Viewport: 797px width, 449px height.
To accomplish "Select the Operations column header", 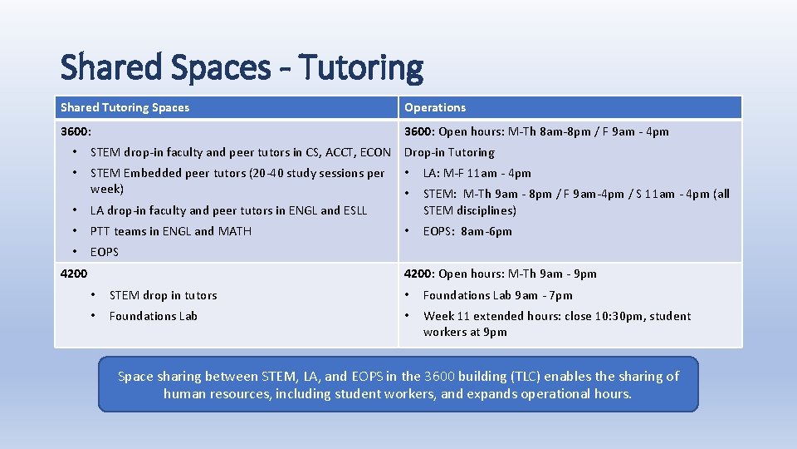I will [x=435, y=107].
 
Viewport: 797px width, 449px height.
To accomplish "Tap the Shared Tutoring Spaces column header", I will [x=125, y=107].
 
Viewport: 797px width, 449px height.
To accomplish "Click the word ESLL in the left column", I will [x=352, y=210].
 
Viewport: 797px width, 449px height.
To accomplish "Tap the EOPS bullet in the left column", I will [x=105, y=252].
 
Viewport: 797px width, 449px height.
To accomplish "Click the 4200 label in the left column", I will [x=74, y=274].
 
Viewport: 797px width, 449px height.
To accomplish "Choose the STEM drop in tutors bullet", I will [x=163, y=295].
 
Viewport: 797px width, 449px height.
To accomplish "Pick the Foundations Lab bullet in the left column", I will [x=154, y=316].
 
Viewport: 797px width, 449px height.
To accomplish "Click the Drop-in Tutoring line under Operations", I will [x=449, y=152].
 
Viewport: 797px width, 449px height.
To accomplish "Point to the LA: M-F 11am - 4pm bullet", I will [x=477, y=173].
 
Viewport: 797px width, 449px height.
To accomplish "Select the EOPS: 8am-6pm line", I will [x=467, y=231].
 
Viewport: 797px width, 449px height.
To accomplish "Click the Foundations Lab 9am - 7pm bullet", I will [x=497, y=295].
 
